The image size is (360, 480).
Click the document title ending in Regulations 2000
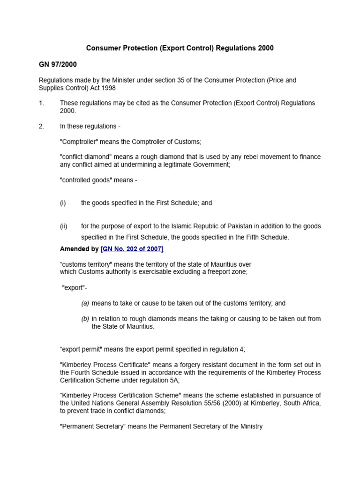click(180, 48)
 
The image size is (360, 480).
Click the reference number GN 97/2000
click(58, 64)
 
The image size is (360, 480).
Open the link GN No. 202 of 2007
click(132, 249)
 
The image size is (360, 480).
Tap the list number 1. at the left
click(41, 103)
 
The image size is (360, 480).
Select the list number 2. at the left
click(41, 126)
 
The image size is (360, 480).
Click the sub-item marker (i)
click(63, 203)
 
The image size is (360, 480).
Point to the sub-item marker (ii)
click(64, 226)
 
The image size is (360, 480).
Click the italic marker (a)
click(85, 303)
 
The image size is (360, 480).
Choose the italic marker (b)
click(85, 319)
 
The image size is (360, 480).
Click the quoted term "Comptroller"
click(80, 142)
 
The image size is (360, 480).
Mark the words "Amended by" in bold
click(79, 249)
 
